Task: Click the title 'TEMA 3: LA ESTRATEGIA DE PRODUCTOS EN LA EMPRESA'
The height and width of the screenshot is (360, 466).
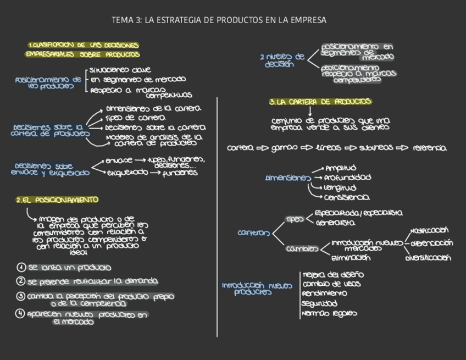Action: point(219,20)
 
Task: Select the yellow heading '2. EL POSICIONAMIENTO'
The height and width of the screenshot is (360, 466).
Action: point(57,200)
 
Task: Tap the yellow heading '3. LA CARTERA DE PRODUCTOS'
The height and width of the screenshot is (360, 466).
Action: point(320,102)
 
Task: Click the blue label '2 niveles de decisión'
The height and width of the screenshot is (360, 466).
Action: point(282,60)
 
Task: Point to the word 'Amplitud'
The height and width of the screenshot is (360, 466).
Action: point(341,168)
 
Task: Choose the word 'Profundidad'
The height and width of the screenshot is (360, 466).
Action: point(347,178)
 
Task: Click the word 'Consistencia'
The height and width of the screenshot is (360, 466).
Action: point(347,197)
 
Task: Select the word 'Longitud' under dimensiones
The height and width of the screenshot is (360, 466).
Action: point(340,187)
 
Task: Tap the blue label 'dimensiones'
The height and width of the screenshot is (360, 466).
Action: point(288,178)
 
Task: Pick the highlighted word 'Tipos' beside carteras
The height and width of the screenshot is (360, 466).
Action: point(295,219)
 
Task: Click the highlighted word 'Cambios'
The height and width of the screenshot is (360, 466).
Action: point(302,249)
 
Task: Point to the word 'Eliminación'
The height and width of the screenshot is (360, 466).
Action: point(351,258)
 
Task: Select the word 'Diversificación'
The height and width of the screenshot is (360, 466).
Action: point(429,258)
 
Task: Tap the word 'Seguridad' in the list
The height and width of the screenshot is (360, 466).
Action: point(319,303)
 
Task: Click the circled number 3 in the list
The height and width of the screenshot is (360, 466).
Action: point(21,296)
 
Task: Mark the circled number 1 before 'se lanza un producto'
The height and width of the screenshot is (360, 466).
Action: point(21,268)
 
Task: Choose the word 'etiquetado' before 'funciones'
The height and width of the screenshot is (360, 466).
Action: point(127,173)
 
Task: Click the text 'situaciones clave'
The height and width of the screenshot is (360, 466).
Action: point(117,70)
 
